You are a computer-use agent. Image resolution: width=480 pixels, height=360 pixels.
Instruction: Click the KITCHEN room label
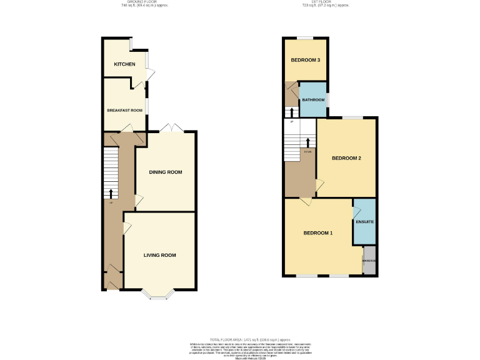[124, 64]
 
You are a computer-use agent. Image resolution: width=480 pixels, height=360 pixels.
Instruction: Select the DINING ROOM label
[166, 172]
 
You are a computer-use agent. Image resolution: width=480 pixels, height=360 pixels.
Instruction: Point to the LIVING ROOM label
[159, 255]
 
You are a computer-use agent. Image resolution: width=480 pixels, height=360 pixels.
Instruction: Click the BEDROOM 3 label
[306, 60]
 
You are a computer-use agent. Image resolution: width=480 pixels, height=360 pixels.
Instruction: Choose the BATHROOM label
[313, 100]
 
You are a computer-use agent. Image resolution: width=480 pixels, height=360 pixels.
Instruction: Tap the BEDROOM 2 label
[346, 158]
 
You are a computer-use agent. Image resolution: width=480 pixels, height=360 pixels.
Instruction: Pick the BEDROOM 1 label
[318, 233]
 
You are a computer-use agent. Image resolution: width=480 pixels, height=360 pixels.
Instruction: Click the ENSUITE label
[364, 222]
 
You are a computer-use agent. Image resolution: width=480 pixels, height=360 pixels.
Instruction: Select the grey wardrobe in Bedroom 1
[369, 261]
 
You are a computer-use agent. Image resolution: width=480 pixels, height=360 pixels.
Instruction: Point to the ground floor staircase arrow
[111, 192]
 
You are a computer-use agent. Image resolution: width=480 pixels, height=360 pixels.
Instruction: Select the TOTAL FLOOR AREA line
[240, 337]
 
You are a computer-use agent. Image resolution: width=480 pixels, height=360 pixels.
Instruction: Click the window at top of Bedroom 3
[306, 38]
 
